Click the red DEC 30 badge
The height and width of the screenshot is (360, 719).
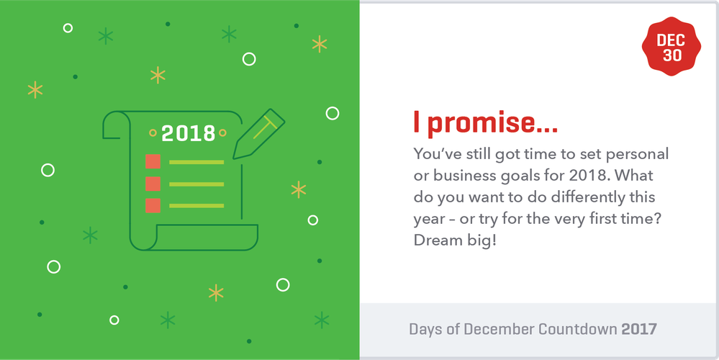(671, 48)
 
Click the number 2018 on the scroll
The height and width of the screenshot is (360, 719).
(188, 133)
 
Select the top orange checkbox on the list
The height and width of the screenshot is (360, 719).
(153, 161)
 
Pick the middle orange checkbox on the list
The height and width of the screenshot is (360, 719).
(153, 184)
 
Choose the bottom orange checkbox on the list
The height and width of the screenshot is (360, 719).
(153, 206)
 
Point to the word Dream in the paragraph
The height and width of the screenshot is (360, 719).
(438, 240)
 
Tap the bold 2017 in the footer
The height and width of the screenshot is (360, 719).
(639, 330)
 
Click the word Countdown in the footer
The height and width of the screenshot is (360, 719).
(576, 330)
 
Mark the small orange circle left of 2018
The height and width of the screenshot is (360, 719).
(153, 133)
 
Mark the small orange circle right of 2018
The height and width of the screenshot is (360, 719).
(222, 133)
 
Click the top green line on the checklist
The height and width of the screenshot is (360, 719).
(196, 162)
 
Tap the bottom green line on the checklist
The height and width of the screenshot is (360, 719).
(196, 207)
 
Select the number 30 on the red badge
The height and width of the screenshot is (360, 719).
(671, 55)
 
